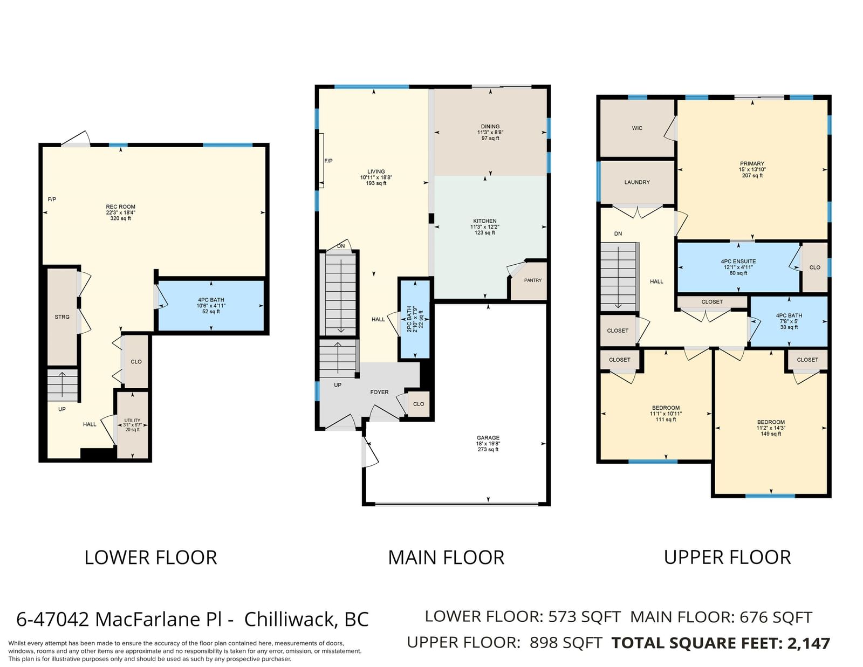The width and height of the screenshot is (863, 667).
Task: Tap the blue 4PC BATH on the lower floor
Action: click(x=211, y=305)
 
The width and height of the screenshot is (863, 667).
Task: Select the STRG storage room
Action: click(x=63, y=317)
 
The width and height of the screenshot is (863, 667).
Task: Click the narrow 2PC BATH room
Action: click(x=415, y=319)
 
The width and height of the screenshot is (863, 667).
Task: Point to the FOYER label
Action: click(x=379, y=392)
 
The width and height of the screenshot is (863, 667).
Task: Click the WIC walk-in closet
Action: click(x=637, y=128)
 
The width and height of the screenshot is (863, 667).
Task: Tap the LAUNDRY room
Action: click(x=637, y=182)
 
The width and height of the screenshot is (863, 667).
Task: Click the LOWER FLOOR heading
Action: click(x=150, y=558)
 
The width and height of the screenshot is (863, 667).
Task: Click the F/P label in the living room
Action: click(x=328, y=161)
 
